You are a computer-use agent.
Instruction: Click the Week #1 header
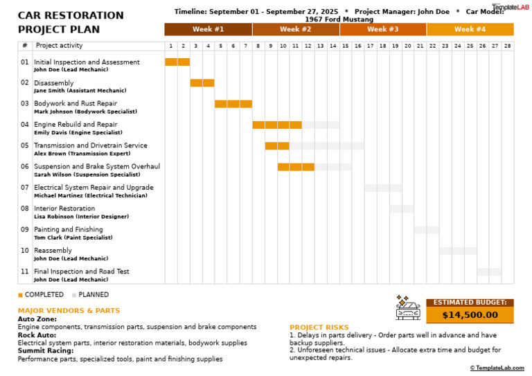(x=208, y=29)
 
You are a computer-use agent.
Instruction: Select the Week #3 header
(x=382, y=29)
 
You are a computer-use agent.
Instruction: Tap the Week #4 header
(x=470, y=29)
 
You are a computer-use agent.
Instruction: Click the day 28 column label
(x=508, y=46)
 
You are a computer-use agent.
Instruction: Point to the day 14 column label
(x=333, y=46)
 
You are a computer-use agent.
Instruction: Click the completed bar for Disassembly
(x=202, y=83)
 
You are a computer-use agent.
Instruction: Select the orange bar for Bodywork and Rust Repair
(x=233, y=104)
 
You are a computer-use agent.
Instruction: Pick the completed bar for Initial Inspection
(x=177, y=62)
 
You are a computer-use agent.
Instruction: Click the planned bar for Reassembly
(x=458, y=251)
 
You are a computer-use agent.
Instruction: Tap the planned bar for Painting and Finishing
(x=427, y=230)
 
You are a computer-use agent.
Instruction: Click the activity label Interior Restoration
(x=64, y=208)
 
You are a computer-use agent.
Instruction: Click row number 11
(x=25, y=271)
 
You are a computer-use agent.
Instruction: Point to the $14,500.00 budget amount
(x=470, y=315)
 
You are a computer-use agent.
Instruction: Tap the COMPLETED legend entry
(x=41, y=294)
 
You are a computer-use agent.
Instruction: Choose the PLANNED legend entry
(x=90, y=294)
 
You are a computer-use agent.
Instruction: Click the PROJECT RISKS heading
(x=319, y=328)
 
